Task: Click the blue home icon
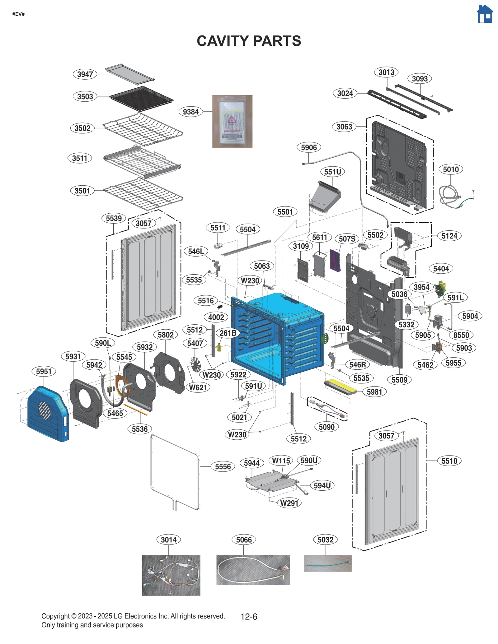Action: pyautogui.click(x=485, y=14)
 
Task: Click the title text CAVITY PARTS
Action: pyautogui.click(x=249, y=41)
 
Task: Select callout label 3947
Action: pyautogui.click(x=85, y=74)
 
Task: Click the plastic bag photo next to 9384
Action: pyautogui.click(x=232, y=121)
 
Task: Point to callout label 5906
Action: pyautogui.click(x=308, y=147)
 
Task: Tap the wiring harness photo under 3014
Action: pyautogui.click(x=171, y=575)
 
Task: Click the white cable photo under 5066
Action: pyautogui.click(x=253, y=570)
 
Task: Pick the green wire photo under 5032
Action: pyautogui.click(x=327, y=563)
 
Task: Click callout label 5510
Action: pyautogui.click(x=449, y=461)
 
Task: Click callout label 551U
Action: pyautogui.click(x=332, y=172)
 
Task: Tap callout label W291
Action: pyautogui.click(x=289, y=503)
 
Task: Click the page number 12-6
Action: pyautogui.click(x=249, y=617)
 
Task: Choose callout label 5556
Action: pyautogui.click(x=223, y=466)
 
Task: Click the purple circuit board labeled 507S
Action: pyautogui.click(x=335, y=260)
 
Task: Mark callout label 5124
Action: pyautogui.click(x=449, y=236)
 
